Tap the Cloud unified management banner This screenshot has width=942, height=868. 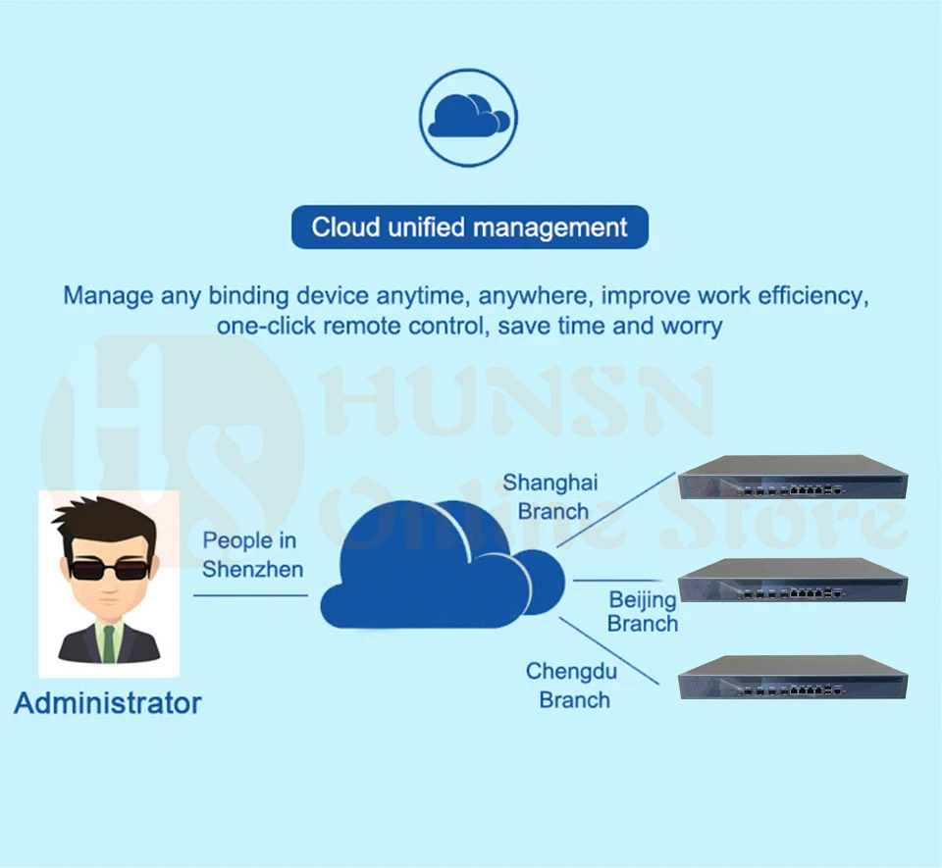point(469,228)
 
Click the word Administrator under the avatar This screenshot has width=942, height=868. point(108,703)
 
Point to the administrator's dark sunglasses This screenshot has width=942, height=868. point(108,569)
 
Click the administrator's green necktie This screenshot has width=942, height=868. point(109,642)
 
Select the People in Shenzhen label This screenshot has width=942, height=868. point(250,555)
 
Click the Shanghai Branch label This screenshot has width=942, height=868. point(551,496)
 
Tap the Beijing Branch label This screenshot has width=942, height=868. point(643,611)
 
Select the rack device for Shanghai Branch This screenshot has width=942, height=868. point(792,480)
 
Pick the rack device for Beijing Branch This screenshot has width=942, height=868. point(792,580)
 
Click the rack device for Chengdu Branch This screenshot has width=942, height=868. point(792,677)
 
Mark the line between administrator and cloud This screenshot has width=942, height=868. point(250,594)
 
